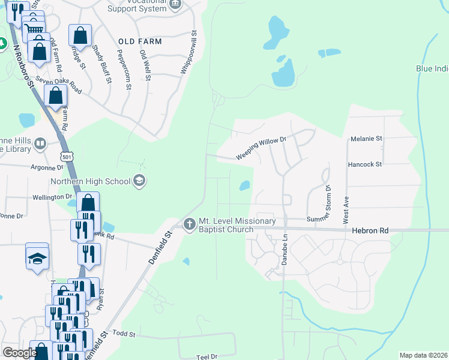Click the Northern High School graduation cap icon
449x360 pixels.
pos(139,181)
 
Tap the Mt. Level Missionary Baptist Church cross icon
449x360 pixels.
pos(190,224)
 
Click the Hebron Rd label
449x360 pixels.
pos(370,230)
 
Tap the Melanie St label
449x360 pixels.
pos(366,139)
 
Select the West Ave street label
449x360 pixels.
pos(346,210)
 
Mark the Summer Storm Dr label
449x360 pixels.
pos(328,204)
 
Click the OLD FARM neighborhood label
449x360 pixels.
pos(140,41)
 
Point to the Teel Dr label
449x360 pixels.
pos(206,357)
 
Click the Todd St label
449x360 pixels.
pos(124,334)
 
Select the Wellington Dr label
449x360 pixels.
pos(52,197)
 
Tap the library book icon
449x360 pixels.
pos(40,143)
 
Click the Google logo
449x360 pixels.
pos(20,353)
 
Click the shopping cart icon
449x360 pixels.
pos(35,28)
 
